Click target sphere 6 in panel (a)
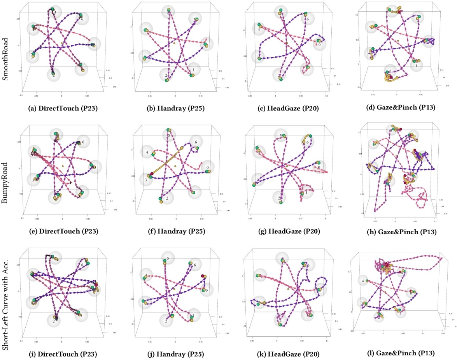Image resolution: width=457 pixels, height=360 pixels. click(x=82, y=18)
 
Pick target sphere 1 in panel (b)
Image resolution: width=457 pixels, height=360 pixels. click(x=193, y=70)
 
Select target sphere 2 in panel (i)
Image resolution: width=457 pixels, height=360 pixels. click(x=54, y=320)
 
